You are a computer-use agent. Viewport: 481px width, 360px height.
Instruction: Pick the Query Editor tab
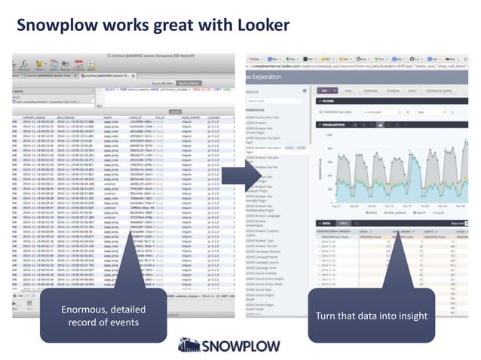pos(189,83)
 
